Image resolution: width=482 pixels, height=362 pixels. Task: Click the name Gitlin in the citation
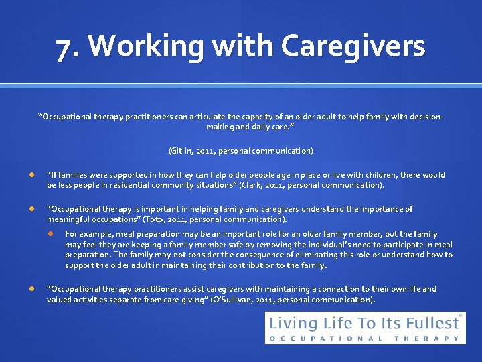click(x=181, y=151)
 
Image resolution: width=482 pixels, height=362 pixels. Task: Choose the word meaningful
click(x=72, y=219)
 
